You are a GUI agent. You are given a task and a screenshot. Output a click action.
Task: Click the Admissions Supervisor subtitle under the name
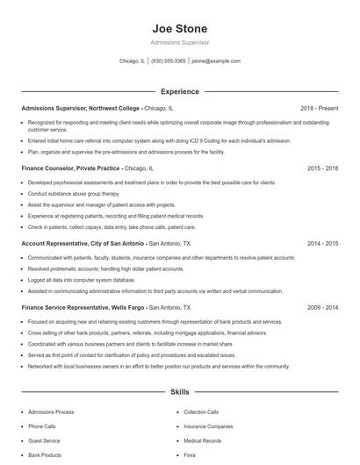[x=179, y=42]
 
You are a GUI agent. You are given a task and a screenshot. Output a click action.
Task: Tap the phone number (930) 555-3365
[x=169, y=61]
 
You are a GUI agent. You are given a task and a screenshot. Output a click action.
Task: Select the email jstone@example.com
[x=216, y=61]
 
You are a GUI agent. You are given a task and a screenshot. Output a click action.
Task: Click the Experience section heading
[x=179, y=91]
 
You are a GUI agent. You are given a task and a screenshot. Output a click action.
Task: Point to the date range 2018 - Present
[x=319, y=108]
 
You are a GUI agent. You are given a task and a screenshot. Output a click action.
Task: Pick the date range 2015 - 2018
[x=322, y=167]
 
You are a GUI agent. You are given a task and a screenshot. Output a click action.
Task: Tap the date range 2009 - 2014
[x=322, y=308]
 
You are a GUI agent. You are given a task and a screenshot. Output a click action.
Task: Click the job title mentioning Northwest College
[x=80, y=108]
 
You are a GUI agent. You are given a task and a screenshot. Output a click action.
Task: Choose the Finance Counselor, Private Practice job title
[x=71, y=167]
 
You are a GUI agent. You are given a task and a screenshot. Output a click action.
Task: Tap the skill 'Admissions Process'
[x=51, y=411]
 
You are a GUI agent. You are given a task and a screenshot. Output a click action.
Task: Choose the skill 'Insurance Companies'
[x=208, y=426]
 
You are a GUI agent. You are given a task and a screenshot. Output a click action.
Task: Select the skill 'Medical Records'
[x=203, y=440]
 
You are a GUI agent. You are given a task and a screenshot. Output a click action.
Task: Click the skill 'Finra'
[x=190, y=455]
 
